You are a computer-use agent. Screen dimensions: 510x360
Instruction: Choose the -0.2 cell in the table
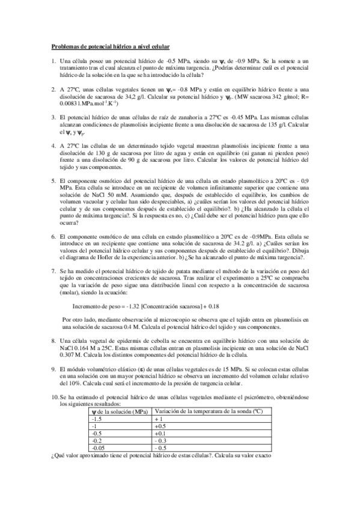(x=95, y=441)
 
